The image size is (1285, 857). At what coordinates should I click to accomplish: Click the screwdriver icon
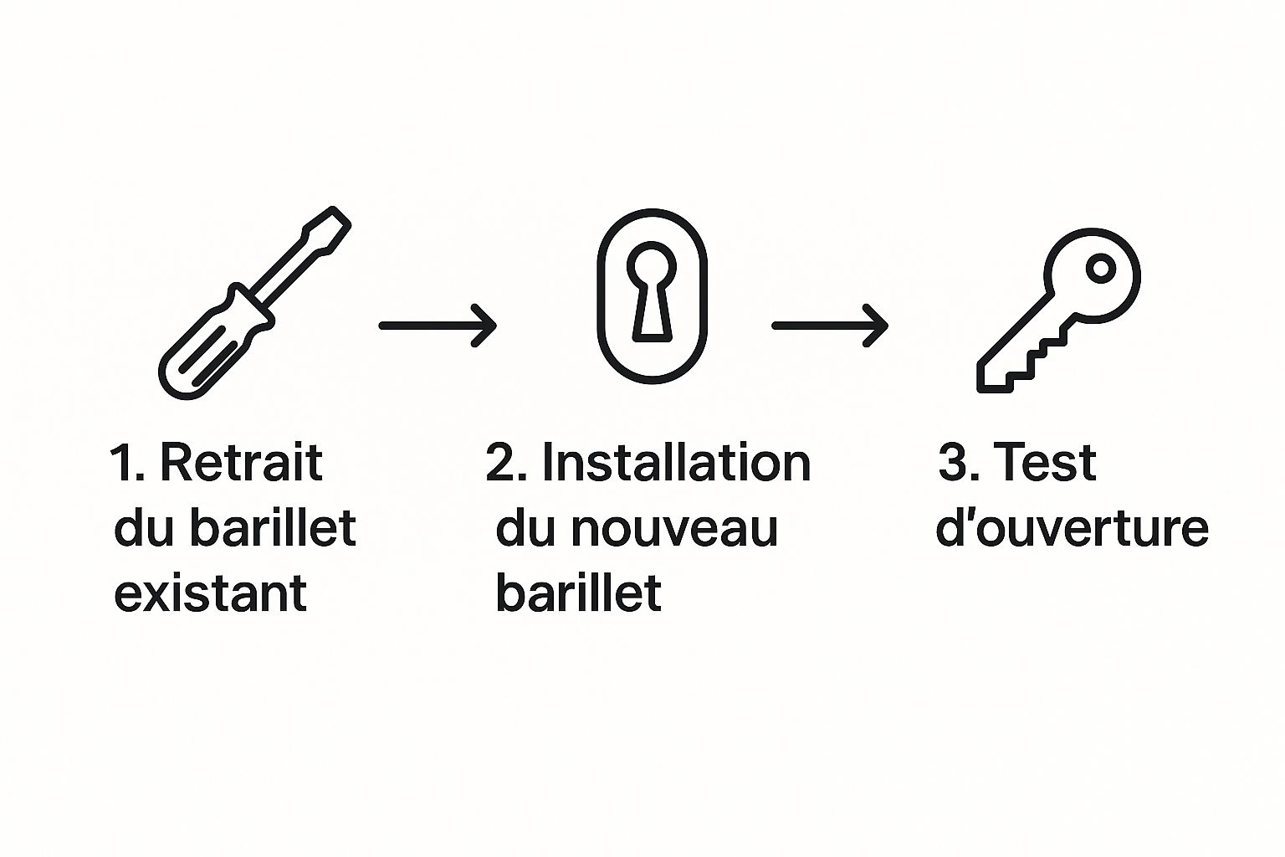pyautogui.click(x=254, y=302)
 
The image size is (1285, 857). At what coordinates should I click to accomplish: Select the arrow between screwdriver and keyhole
pyautogui.click(x=438, y=326)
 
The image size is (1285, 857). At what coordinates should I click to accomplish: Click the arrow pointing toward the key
pyautogui.click(x=830, y=326)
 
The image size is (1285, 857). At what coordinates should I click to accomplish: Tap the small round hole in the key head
pyautogui.click(x=1101, y=268)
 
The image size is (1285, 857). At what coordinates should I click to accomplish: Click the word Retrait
pyautogui.click(x=241, y=462)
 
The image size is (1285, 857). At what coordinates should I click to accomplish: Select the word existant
pyautogui.click(x=211, y=593)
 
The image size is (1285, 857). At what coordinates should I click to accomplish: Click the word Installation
pyautogui.click(x=676, y=462)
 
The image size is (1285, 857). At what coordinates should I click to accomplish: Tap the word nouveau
pyautogui.click(x=674, y=529)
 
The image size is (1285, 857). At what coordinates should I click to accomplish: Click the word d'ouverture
pyautogui.click(x=1073, y=528)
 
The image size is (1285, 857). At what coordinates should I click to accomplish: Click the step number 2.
pyautogui.click(x=506, y=463)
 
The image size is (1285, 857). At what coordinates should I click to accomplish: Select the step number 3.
pyautogui.click(x=959, y=463)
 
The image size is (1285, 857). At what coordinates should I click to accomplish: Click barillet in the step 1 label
pyautogui.click(x=273, y=527)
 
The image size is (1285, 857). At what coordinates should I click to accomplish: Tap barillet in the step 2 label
pyautogui.click(x=579, y=593)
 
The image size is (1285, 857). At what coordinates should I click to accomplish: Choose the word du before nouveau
pyautogui.click(x=525, y=527)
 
